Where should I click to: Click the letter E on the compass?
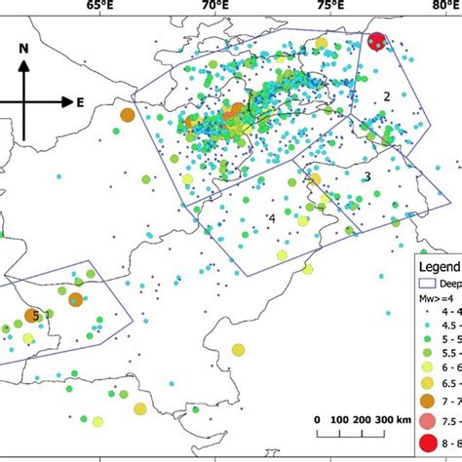pyautogui.click(x=80, y=101)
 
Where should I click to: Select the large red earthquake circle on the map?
pyautogui.click(x=376, y=42)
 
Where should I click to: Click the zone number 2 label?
pyautogui.click(x=386, y=96)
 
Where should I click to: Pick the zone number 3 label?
pyautogui.click(x=367, y=176)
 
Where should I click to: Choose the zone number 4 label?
pyautogui.click(x=272, y=219)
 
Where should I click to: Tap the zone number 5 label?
pyautogui.click(x=36, y=315)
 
